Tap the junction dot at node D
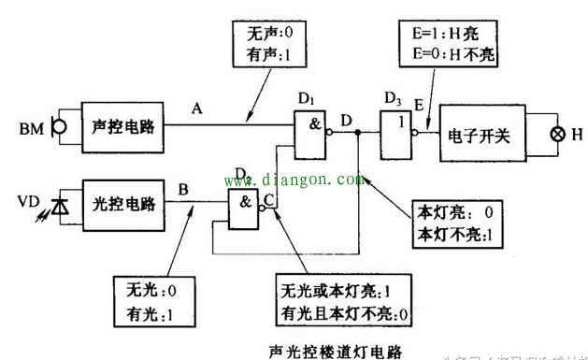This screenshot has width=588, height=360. [359, 134]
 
